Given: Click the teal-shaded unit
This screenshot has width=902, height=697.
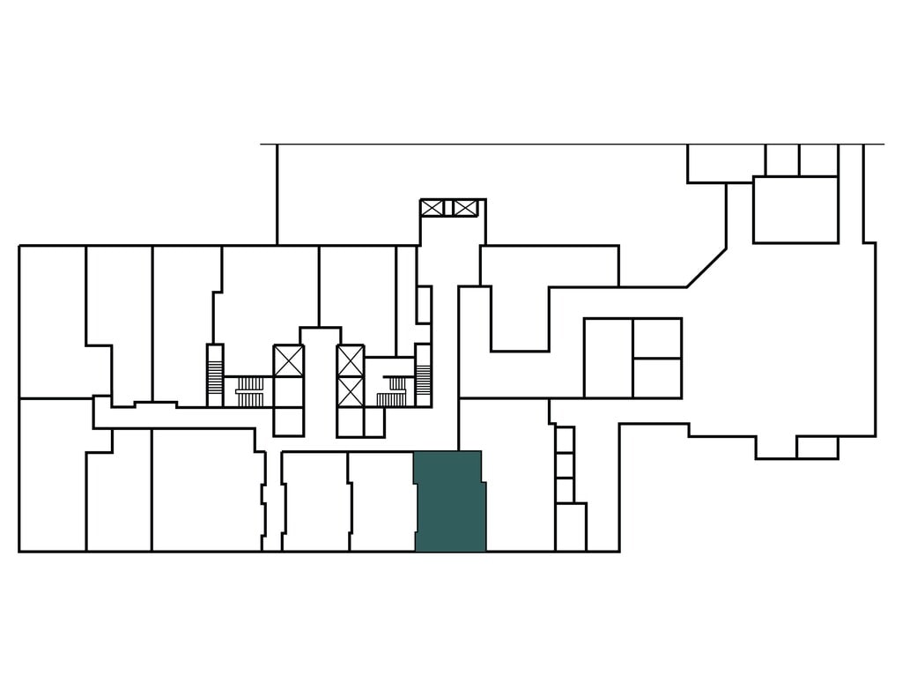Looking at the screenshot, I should click(x=449, y=501).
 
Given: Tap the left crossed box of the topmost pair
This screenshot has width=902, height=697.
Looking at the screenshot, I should click(x=433, y=208).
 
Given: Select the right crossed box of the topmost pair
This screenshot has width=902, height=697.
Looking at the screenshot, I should click(x=464, y=208).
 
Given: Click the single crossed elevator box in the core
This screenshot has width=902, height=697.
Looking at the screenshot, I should click(x=288, y=361).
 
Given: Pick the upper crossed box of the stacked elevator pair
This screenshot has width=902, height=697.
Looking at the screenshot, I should click(x=351, y=360).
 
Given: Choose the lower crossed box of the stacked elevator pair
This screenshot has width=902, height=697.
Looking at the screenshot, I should click(x=351, y=391).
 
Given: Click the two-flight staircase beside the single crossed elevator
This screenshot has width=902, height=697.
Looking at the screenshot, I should click(x=251, y=390).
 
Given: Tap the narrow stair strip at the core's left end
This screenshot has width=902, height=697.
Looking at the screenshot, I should click(x=215, y=374).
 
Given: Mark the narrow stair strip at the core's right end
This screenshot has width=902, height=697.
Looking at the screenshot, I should click(x=423, y=374).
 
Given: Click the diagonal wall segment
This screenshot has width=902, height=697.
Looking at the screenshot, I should click(x=706, y=268).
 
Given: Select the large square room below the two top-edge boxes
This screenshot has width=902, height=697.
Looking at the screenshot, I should click(x=795, y=210).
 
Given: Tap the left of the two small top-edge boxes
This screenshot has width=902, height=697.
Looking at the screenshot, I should click(x=781, y=159).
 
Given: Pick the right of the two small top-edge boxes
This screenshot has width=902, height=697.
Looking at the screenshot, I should click(x=818, y=159).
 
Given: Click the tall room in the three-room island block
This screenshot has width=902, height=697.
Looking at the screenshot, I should click(x=608, y=358).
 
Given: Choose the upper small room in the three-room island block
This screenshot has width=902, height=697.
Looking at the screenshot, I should click(x=657, y=338).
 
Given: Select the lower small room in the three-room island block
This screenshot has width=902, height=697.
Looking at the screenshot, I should click(x=657, y=377).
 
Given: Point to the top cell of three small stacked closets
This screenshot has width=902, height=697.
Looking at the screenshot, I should click(x=565, y=440).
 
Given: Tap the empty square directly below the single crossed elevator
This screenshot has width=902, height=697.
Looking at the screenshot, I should click(x=288, y=419).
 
